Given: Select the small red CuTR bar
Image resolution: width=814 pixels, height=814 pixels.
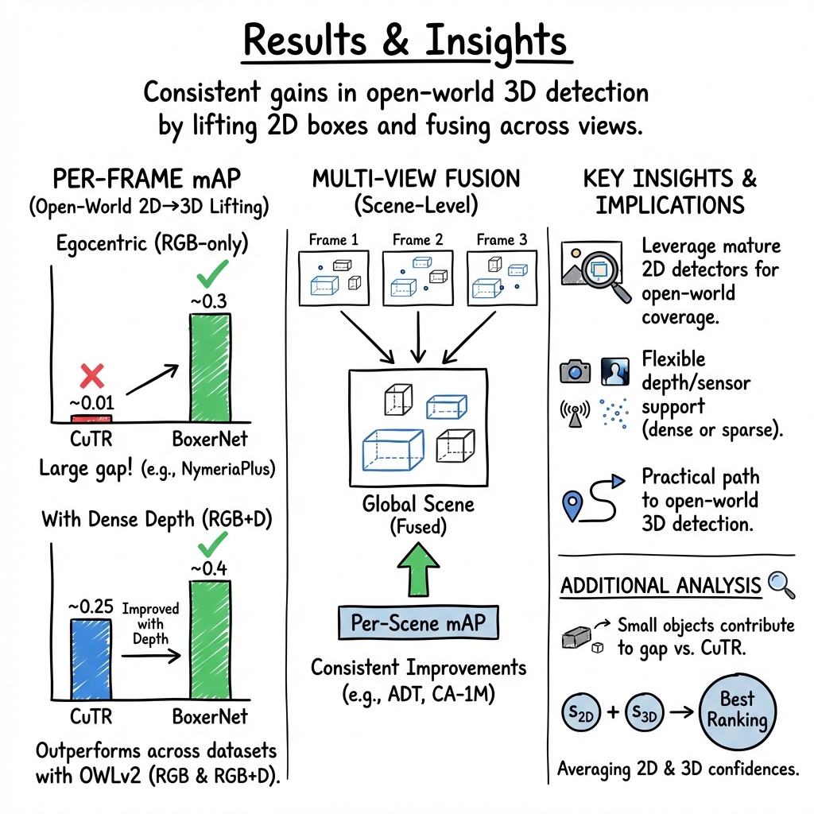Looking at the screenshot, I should (x=91, y=418).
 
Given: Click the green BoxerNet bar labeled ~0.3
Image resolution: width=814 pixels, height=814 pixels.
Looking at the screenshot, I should (x=210, y=366).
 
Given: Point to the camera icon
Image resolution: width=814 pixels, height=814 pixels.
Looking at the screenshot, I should (x=575, y=370).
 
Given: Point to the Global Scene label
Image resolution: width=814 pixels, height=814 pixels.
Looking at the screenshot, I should (x=418, y=503).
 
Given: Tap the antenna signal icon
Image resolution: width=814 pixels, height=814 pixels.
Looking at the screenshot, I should (x=574, y=412).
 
